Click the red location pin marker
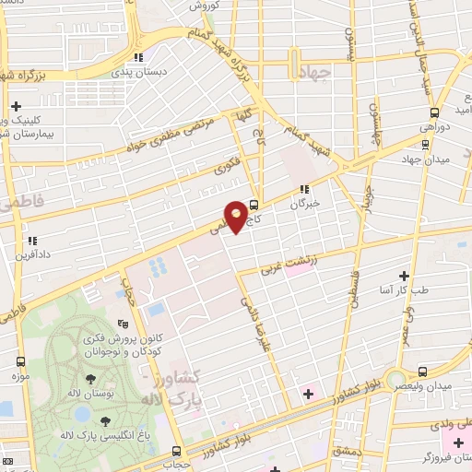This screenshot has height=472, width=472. (x=236, y=214)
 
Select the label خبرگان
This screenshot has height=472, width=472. (x=306, y=203)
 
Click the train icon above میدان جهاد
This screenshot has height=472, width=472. (x=425, y=145)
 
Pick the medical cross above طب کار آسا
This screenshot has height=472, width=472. (x=403, y=275)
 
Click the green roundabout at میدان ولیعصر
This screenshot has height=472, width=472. (x=396, y=379)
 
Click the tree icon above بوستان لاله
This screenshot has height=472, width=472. (x=91, y=379)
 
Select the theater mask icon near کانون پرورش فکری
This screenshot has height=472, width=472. (x=123, y=324)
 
